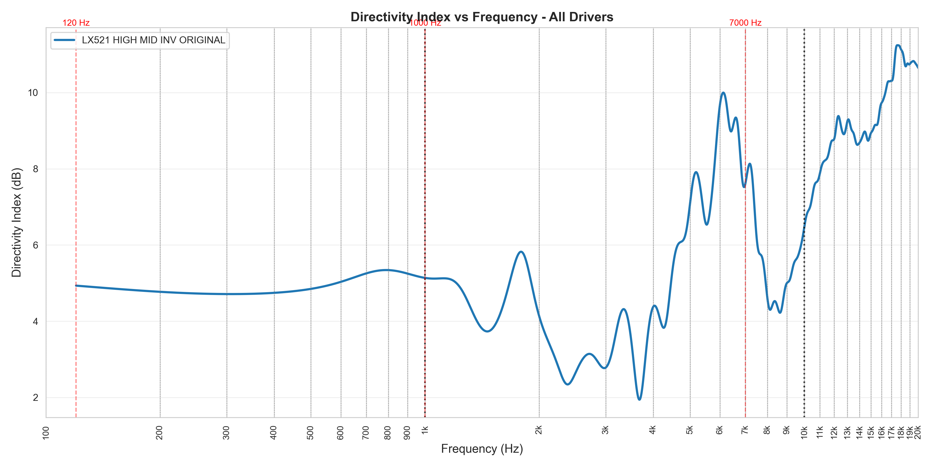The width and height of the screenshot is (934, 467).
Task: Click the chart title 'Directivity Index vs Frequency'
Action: tap(482, 17)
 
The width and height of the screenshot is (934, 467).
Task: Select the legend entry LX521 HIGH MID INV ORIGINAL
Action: tap(153, 40)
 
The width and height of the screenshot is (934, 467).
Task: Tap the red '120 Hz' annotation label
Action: tap(76, 23)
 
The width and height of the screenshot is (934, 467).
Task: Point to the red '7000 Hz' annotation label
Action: tap(745, 23)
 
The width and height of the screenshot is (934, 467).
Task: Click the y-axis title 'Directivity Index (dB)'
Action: tap(17, 222)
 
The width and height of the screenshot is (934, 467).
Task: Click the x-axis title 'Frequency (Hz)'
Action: tap(482, 449)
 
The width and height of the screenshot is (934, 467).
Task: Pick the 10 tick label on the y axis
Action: tap(33, 93)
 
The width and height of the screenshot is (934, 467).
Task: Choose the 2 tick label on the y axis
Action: tap(35, 398)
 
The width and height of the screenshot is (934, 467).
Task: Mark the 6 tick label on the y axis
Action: tap(35, 245)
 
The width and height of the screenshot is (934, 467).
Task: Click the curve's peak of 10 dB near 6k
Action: tap(723, 93)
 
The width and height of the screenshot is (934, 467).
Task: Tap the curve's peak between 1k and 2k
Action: tap(521, 252)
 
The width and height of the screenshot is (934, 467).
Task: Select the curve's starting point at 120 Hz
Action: tap(76, 286)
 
